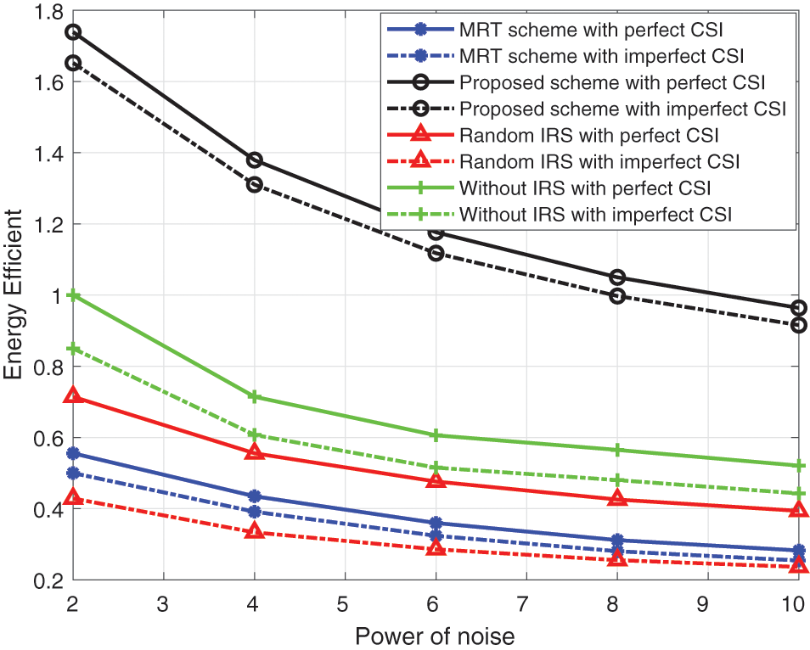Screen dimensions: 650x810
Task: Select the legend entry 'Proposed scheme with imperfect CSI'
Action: [622, 109]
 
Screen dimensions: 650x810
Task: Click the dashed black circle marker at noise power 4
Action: [254, 184]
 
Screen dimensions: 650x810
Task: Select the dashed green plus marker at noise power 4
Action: [254, 434]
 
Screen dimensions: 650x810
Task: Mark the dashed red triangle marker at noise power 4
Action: [254, 532]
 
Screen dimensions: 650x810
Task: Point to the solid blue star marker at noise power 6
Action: [436, 523]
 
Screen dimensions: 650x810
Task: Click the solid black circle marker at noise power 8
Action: [617, 277]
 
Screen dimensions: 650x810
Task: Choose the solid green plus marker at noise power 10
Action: [798, 466]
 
